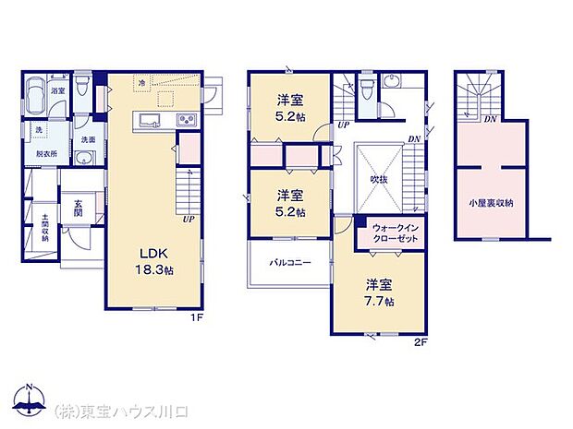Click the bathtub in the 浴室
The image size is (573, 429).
tap(37, 92)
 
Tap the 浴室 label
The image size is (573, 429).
tap(57, 91)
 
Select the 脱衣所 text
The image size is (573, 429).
tap(42, 154)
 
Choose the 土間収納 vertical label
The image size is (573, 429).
tap(43, 228)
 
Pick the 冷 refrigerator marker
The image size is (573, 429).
tap(141, 82)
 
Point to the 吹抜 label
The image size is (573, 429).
tap(379, 179)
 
